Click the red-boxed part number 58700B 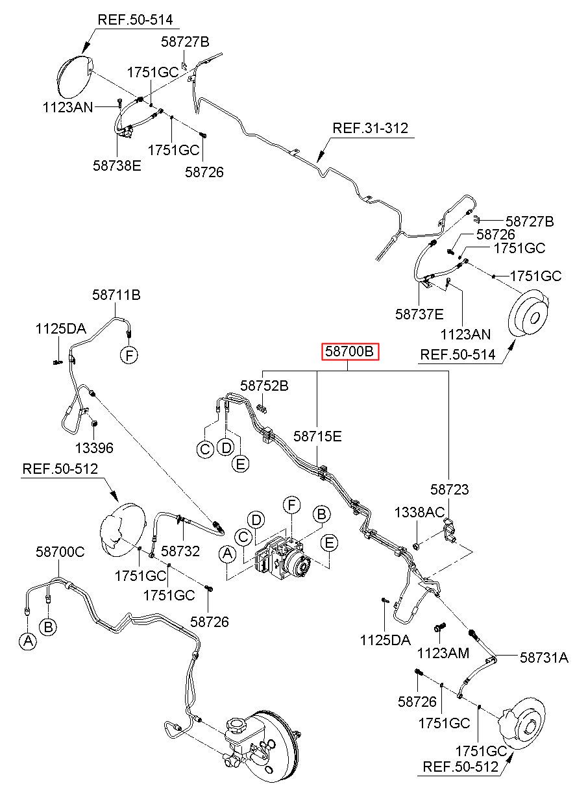[350, 352]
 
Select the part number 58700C [60, 552]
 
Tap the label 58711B [116, 295]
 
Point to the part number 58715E [317, 436]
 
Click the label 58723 [449, 489]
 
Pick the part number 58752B [264, 386]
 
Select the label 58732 [180, 551]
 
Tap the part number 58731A [544, 657]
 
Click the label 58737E [419, 314]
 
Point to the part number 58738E [117, 166]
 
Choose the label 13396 [94, 448]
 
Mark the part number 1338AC [419, 512]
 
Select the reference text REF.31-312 [370, 128]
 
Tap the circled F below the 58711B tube [129, 356]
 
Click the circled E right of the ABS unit [329, 543]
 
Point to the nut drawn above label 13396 [94, 424]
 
